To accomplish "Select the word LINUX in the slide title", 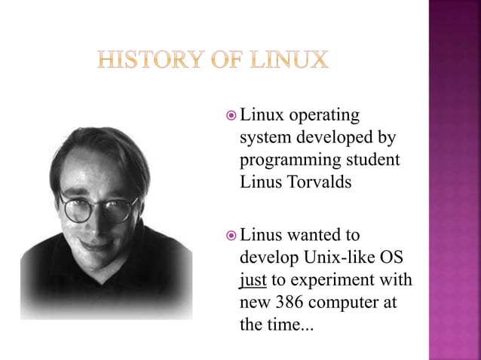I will [291, 59].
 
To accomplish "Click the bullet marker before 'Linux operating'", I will [231, 117].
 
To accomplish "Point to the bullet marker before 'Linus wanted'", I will [231, 239].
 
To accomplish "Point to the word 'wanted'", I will [315, 239].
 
